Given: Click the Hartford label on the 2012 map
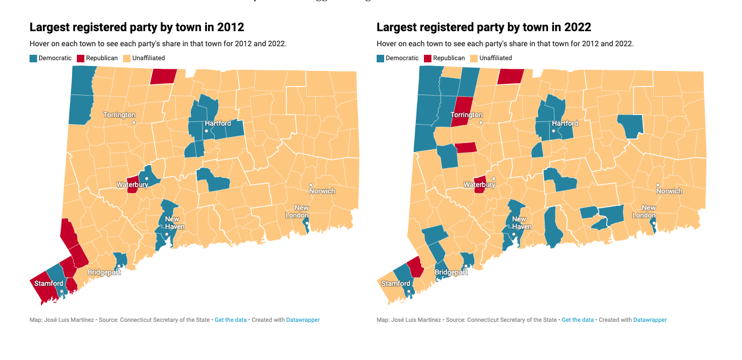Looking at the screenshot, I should [x=218, y=124].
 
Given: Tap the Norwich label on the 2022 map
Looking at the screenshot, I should [x=669, y=191].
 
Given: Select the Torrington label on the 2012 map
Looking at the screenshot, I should [x=119, y=115].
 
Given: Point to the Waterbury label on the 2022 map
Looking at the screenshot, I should [x=479, y=185].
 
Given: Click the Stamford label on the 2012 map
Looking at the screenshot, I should [x=49, y=283].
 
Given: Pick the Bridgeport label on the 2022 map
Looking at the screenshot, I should [x=451, y=272].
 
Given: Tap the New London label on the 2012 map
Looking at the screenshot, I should [x=301, y=211].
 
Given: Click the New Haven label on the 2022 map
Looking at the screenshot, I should [x=519, y=222].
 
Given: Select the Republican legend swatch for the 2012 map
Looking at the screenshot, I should [x=81, y=59].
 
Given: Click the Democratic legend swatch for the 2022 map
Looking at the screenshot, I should [x=380, y=59].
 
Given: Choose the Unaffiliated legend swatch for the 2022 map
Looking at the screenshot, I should [x=474, y=59].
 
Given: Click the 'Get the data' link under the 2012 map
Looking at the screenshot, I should [x=230, y=320].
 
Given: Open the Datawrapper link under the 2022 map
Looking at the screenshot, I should [x=650, y=320].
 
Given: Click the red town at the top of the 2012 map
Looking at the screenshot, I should [x=163, y=76].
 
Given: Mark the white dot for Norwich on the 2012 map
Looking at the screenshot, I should [x=311, y=185].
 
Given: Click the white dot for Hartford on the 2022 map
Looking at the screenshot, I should [x=553, y=131].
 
